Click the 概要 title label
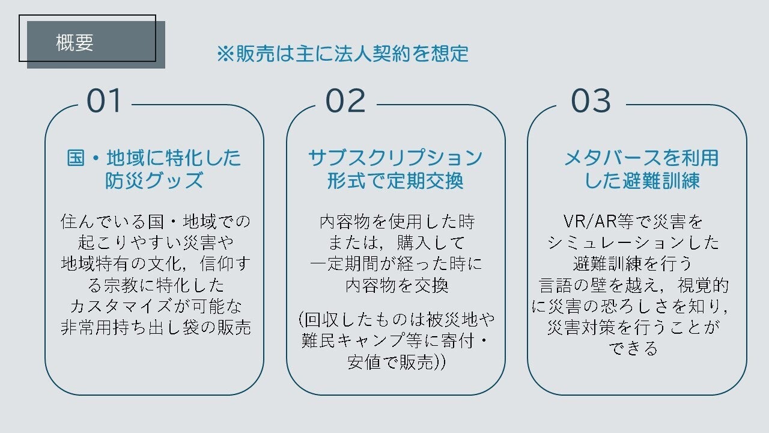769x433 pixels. pos(75,43)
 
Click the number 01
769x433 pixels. pos(105,101)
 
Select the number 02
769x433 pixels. pos(345,101)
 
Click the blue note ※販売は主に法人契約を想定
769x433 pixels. pos(342,54)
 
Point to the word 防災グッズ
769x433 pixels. pos(154,180)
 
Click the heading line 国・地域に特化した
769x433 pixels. pos(154,158)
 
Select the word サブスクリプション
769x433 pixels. pos(395,158)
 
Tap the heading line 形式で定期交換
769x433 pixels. pos(395,180)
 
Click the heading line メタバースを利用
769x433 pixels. pos(641,158)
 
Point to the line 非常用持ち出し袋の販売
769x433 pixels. pos(155,327)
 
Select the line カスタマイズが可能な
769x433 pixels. pos(155,306)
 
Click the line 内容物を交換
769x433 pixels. pos(397,285)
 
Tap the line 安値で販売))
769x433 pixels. pos(397,363)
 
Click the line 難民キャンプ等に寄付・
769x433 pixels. pos(397,340)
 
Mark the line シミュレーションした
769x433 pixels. pos(633,243)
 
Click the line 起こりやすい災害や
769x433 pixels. pos(155,242)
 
